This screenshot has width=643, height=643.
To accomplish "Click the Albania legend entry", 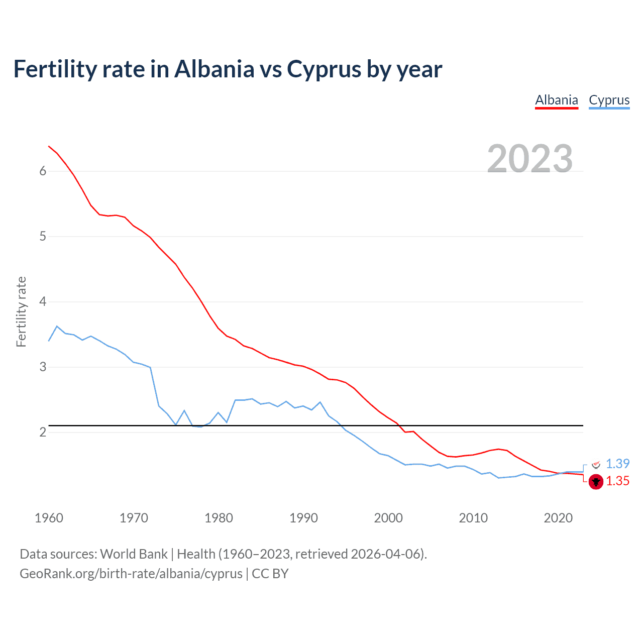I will point(557,100).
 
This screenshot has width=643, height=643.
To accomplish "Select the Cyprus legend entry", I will point(609,100).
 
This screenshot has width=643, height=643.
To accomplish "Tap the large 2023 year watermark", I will point(529,159).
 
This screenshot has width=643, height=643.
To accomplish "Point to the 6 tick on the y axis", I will point(43,171).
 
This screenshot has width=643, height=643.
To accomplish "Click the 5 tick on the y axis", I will point(43,237).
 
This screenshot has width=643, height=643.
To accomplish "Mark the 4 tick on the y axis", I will point(43,302).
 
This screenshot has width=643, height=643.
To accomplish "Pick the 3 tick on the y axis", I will point(43,367).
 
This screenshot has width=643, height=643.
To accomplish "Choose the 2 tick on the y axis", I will point(43,433).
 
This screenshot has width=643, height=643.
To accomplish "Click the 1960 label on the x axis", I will point(49,518).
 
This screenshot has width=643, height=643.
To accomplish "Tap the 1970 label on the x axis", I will point(134,518).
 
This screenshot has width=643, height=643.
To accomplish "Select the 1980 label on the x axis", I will point(219,518).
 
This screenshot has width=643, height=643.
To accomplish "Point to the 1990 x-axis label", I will point(303,518).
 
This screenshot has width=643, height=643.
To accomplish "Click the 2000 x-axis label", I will point(388,518).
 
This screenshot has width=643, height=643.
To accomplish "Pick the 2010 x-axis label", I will point(473,518).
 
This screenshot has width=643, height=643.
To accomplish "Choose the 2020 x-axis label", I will point(558,518).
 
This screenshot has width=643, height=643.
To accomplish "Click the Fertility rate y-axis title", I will point(21,311).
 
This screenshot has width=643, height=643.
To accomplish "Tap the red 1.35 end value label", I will point(617,481).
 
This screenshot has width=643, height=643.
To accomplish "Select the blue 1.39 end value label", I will point(617,464).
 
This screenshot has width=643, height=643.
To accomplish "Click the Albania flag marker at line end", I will point(596,482).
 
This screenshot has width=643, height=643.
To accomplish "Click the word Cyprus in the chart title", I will point(324,69).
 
